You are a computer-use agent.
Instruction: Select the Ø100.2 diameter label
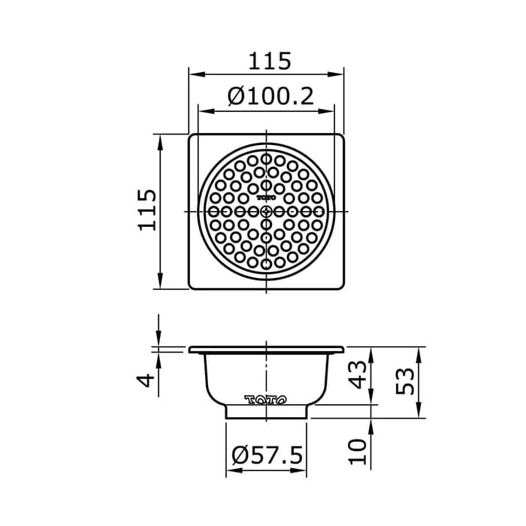pyautogui.click(x=270, y=97)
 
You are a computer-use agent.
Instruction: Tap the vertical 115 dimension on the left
pyautogui.click(x=147, y=210)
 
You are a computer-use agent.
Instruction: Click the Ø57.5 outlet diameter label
pyautogui.click(x=267, y=455)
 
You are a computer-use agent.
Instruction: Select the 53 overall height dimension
pyautogui.click(x=406, y=382)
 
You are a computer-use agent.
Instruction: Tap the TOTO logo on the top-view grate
pyautogui.click(x=266, y=197)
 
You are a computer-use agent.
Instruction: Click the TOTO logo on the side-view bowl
pyautogui.click(x=265, y=400)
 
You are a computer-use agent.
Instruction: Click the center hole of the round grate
pyautogui.click(x=266, y=212)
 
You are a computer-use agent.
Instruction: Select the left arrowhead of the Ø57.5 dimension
pyautogui.click(x=231, y=472)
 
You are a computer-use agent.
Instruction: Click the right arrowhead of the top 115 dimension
pyautogui.click(x=339, y=74)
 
